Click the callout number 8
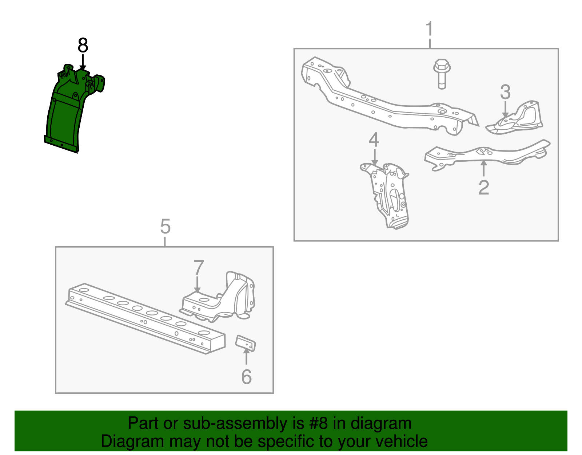[83, 46]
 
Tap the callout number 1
[430, 29]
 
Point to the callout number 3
[505, 92]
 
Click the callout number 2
[483, 187]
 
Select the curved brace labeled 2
[487, 155]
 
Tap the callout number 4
[374, 140]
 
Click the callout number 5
[165, 227]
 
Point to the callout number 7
[199, 268]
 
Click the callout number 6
[246, 376]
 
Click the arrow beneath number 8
[83, 62]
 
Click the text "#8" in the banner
[319, 424]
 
